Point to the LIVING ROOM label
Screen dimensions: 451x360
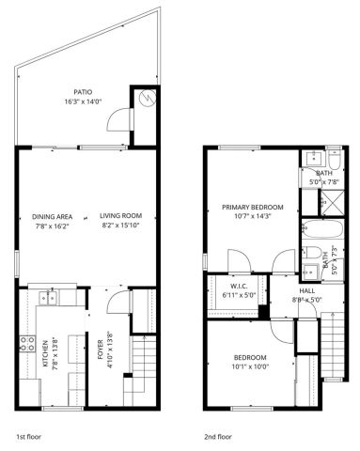click(x=121, y=217)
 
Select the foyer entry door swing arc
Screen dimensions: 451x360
click(x=114, y=299)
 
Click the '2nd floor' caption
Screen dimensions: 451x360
click(x=217, y=437)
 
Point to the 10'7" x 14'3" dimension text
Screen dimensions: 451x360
click(x=252, y=217)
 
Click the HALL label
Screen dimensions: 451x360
click(x=306, y=291)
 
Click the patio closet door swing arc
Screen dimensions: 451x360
click(x=117, y=119)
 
